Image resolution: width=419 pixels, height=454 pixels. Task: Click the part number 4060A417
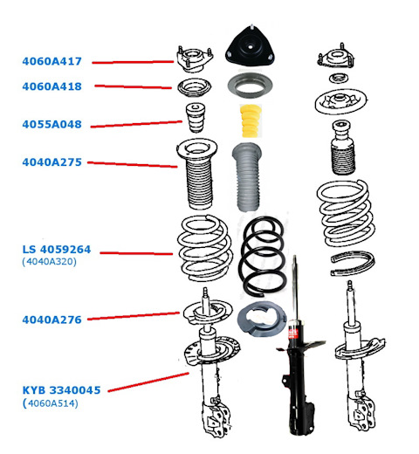coord(52,61)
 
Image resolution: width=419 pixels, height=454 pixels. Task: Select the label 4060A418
coord(52,86)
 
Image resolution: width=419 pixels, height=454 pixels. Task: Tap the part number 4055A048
coord(52,124)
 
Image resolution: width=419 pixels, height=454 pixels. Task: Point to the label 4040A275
coord(52,162)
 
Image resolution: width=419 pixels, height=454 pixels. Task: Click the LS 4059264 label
coord(57,250)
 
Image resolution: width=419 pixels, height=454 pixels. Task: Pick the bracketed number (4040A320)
coord(49,262)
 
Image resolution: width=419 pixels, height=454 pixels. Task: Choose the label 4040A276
coord(52,320)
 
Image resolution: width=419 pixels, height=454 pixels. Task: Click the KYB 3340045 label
coord(61,390)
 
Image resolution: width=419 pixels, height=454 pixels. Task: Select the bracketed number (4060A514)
coord(51,403)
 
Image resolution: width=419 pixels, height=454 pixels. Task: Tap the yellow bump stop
coord(251,120)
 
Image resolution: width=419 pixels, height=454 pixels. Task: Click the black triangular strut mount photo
coord(250,48)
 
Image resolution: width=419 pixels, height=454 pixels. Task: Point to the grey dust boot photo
coord(247,177)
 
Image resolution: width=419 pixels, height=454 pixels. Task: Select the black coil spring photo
coord(262,258)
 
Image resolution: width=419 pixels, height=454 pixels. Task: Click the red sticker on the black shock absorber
coord(293,333)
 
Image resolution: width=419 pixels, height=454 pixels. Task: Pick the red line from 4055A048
coord(136,124)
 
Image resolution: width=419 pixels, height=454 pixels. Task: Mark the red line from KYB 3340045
coord(148,382)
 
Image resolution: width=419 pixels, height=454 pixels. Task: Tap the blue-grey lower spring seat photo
coord(262,320)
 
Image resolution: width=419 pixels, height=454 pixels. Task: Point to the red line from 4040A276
coord(134,316)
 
